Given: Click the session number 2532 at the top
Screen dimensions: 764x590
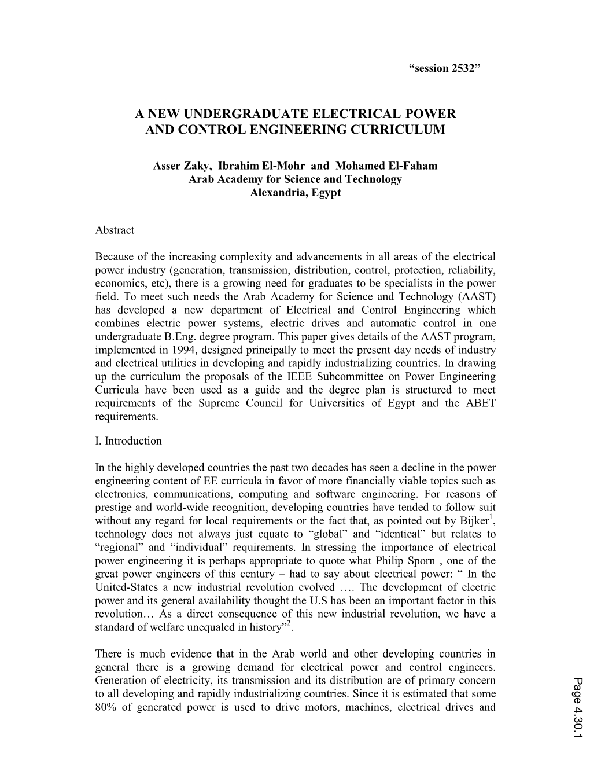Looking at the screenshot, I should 460,68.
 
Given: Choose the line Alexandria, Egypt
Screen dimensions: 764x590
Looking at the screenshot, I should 295,192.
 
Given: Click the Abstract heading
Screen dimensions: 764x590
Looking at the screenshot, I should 115,230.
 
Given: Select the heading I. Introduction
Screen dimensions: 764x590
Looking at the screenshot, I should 128,440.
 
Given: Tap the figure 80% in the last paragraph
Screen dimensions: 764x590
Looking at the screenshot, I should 106,707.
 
